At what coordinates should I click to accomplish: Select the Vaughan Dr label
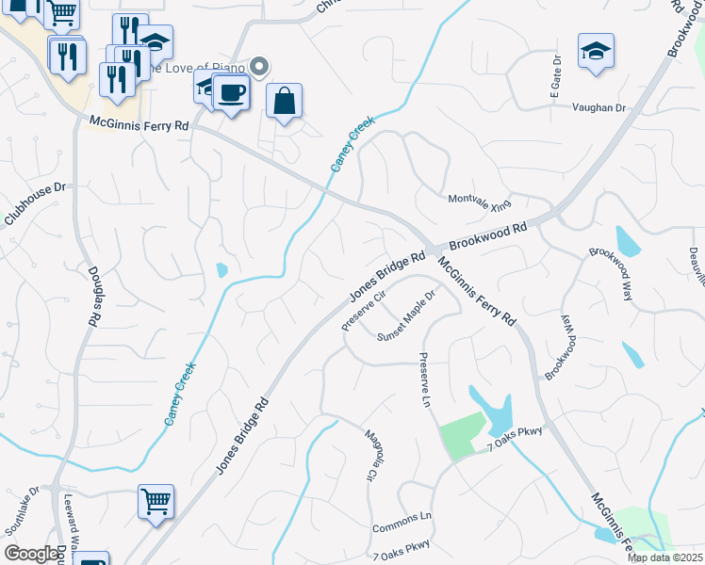598,108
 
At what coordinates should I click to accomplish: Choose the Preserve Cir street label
365,312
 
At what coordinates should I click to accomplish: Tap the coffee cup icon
230,92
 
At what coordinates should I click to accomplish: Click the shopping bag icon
284,100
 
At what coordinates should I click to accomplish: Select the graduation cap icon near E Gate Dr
596,51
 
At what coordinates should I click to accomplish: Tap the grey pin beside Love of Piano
261,66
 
